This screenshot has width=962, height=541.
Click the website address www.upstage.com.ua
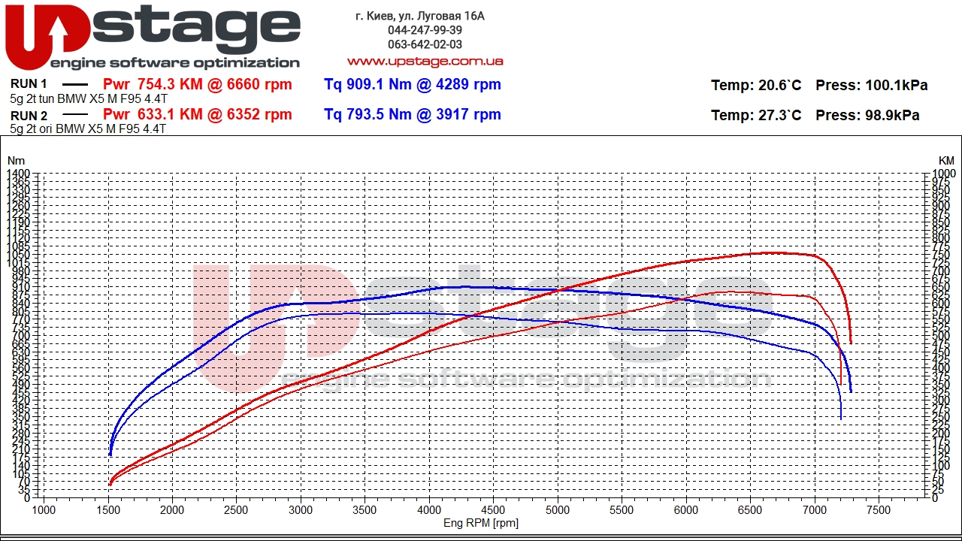(x=425, y=61)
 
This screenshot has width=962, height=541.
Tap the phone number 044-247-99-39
(x=425, y=30)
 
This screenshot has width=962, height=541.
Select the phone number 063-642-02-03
(x=425, y=44)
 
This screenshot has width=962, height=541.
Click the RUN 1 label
(x=29, y=84)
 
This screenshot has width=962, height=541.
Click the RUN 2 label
(x=29, y=116)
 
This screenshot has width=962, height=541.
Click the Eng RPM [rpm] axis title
(x=481, y=523)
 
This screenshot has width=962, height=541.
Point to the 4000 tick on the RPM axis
(x=429, y=509)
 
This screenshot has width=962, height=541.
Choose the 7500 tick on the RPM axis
(x=879, y=509)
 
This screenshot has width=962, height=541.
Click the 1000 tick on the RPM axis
(x=44, y=509)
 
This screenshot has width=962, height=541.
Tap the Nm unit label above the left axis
(x=16, y=161)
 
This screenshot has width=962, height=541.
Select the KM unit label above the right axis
(x=945, y=161)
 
